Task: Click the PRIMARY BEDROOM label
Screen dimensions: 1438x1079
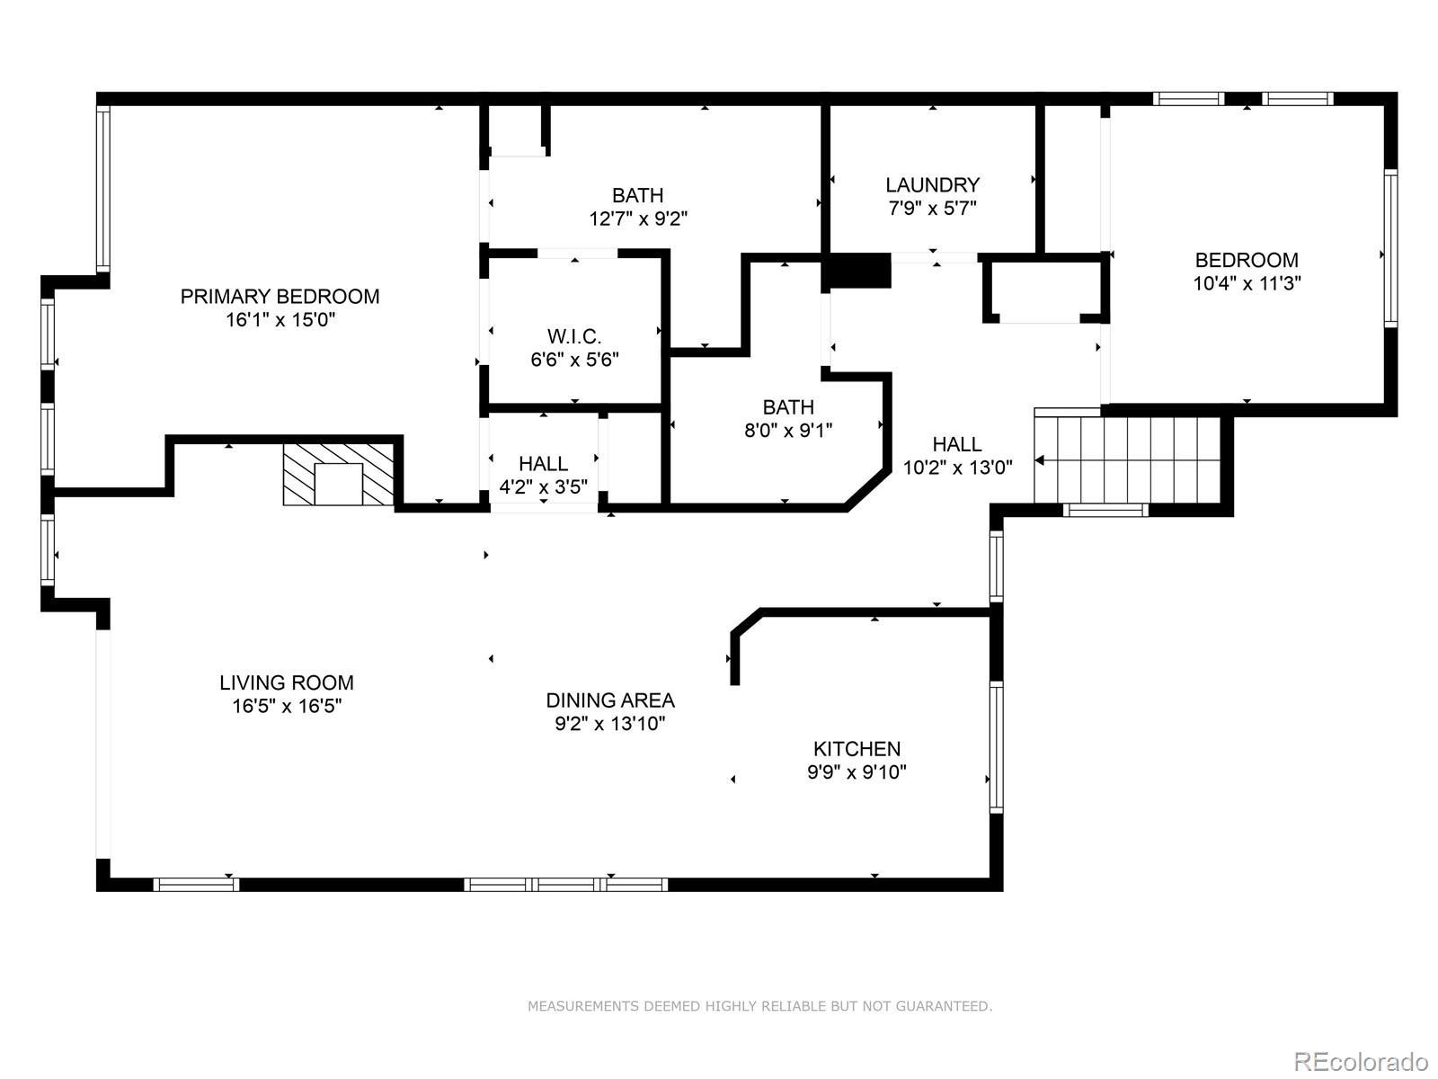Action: pyautogui.click(x=280, y=297)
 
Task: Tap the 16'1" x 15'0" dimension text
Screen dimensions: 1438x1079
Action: pyautogui.click(x=280, y=320)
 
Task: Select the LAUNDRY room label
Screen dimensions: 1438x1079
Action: pyautogui.click(x=932, y=184)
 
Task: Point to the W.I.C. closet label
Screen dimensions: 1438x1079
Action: pyautogui.click(x=574, y=336)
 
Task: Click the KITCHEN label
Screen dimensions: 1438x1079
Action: pyautogui.click(x=857, y=749)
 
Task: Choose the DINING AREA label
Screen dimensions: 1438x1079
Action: pyautogui.click(x=610, y=700)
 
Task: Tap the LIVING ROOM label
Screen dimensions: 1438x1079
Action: pyautogui.click(x=287, y=682)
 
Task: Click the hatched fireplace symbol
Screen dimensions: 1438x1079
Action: pyautogui.click(x=338, y=475)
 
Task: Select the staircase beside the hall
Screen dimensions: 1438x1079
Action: pyautogui.click(x=1127, y=461)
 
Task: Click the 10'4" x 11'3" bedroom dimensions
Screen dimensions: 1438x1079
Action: pyautogui.click(x=1247, y=283)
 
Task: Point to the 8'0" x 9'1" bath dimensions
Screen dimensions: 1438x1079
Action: pyautogui.click(x=788, y=431)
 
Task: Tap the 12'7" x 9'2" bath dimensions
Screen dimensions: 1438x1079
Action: pyautogui.click(x=638, y=218)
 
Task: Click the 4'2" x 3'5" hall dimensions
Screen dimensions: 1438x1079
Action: pyautogui.click(x=543, y=486)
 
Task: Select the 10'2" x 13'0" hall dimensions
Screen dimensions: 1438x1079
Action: pyautogui.click(x=957, y=468)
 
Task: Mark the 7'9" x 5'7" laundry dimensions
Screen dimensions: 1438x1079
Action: pyautogui.click(x=932, y=209)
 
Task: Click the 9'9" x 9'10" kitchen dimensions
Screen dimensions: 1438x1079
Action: pyautogui.click(x=857, y=771)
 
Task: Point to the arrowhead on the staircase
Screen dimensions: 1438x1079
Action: pyautogui.click(x=1039, y=460)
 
